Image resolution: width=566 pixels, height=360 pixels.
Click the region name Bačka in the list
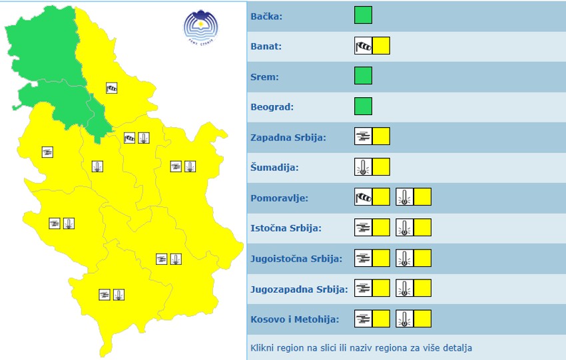266,16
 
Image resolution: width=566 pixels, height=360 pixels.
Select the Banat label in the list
266,47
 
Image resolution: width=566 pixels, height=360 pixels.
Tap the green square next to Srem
363,76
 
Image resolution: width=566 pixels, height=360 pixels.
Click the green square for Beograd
363,106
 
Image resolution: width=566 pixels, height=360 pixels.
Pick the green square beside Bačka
363,15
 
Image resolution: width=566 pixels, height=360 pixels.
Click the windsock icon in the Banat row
363,46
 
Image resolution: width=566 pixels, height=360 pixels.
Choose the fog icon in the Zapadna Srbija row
363,136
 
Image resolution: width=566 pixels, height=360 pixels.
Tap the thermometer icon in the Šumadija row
363,166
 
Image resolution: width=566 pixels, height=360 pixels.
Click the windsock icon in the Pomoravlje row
363,197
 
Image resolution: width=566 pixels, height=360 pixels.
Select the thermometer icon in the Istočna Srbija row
405,228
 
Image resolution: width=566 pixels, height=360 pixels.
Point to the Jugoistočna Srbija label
296,259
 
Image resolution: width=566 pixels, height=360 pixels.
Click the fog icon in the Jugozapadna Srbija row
363,288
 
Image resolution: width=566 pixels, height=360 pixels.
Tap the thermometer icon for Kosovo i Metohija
405,319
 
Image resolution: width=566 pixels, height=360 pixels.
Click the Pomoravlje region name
279,198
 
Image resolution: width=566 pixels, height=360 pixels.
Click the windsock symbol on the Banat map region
112,87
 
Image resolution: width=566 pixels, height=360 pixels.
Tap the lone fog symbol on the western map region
47,152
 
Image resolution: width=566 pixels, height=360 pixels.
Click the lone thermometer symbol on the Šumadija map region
97,166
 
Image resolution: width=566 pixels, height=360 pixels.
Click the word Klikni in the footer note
264,348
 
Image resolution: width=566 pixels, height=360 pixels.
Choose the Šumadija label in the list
274,168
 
